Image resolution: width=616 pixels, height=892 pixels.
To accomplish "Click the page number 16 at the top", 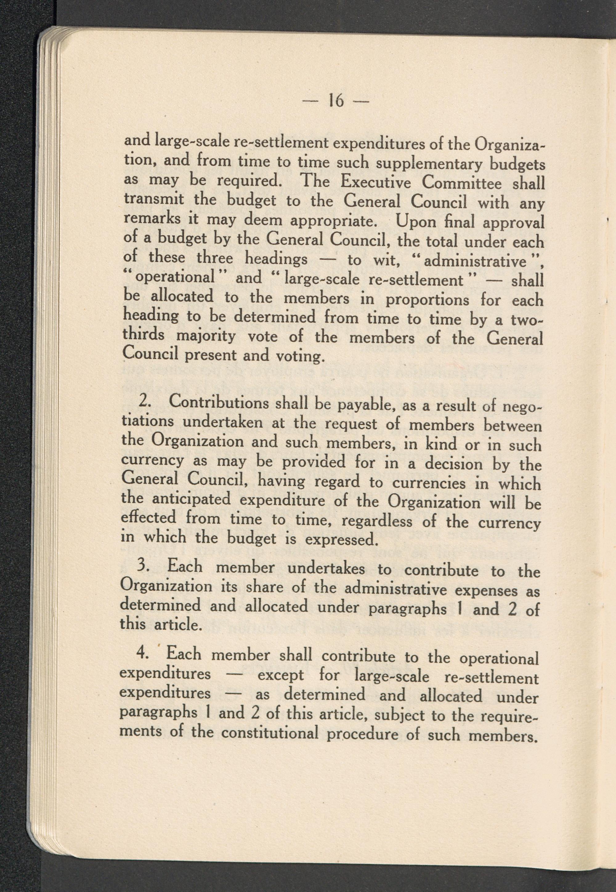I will pyautogui.click(x=336, y=101).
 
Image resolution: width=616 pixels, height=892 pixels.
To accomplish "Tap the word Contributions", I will pyautogui.click(x=219, y=403).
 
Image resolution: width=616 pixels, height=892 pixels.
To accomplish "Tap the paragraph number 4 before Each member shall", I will pyautogui.click(x=142, y=654).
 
